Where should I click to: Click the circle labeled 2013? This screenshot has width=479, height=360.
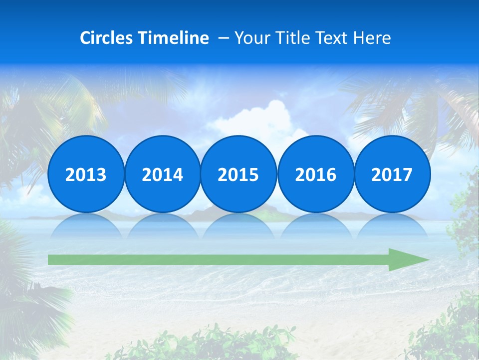(86, 174)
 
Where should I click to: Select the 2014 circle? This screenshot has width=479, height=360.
(162, 174)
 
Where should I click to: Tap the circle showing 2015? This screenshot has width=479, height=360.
(239, 174)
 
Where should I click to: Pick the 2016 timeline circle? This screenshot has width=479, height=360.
(315, 174)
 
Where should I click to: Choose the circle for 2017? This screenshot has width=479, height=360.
(392, 174)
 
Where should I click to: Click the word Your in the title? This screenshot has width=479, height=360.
(251, 38)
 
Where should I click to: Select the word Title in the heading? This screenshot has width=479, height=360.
(293, 38)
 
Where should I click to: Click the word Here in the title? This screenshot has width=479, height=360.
(372, 38)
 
